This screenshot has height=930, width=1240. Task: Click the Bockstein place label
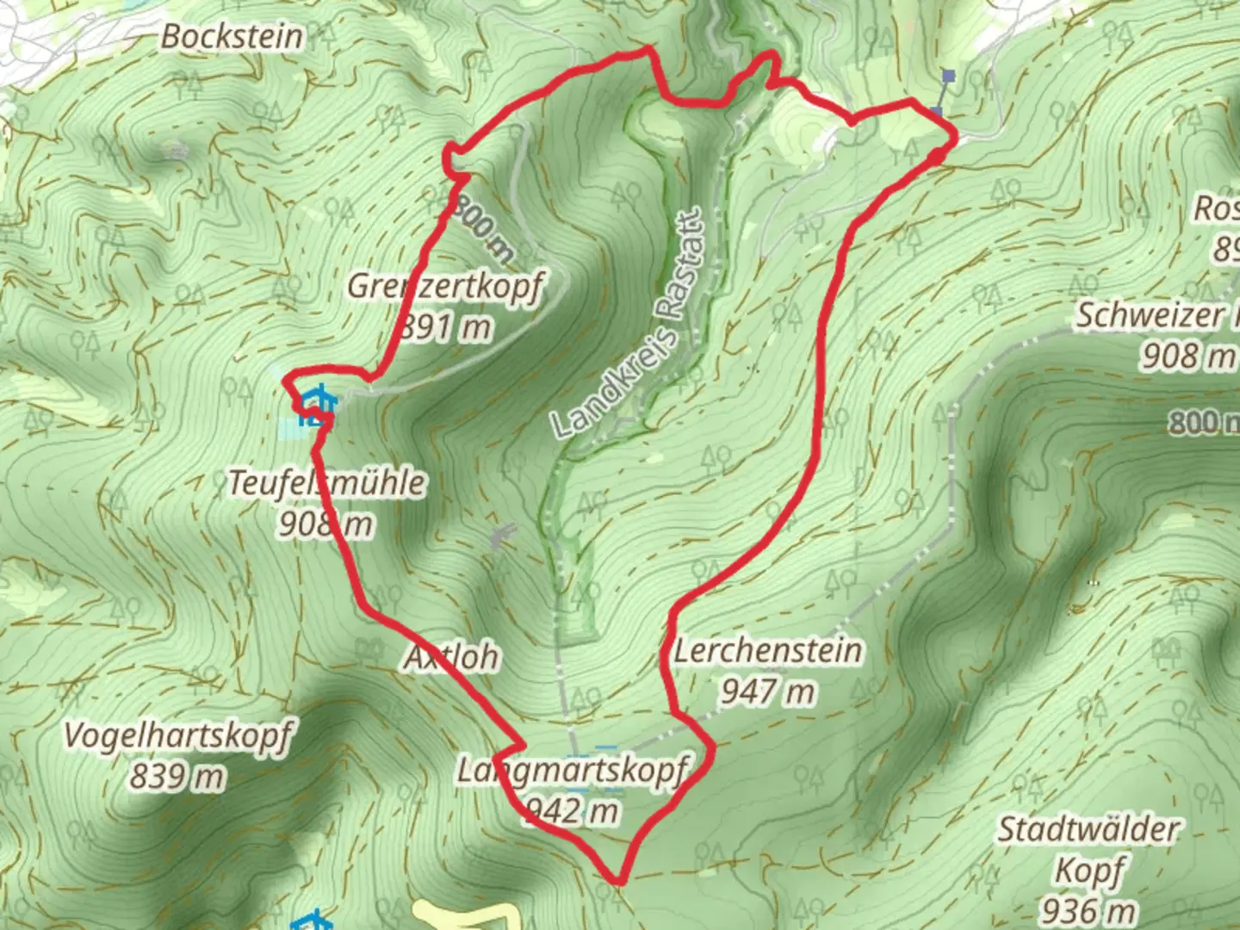pyautogui.click(x=232, y=36)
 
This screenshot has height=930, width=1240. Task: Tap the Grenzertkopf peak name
pyautogui.click(x=444, y=286)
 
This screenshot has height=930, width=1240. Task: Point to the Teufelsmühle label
pyautogui.click(x=326, y=482)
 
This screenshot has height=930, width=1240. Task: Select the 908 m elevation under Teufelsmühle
pyautogui.click(x=325, y=523)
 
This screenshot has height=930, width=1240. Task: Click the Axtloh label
pyautogui.click(x=452, y=657)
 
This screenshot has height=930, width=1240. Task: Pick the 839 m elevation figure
pyautogui.click(x=177, y=777)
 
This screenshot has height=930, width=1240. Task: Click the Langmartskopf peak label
pyautogui.click(x=573, y=770)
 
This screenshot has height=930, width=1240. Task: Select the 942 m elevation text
pyautogui.click(x=573, y=810)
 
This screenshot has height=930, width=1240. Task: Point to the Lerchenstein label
pyautogui.click(x=767, y=650)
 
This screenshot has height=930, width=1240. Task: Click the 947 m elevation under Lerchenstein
pyautogui.click(x=767, y=691)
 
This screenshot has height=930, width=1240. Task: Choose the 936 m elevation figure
pyautogui.click(x=1088, y=909)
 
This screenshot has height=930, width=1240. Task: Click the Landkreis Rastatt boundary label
pyautogui.click(x=629, y=323)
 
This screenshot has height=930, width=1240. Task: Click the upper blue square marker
pyautogui.click(x=949, y=76)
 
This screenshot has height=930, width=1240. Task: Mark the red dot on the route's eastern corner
pyautogui.click(x=936, y=156)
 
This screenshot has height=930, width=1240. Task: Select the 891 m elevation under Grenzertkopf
pyautogui.click(x=446, y=326)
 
